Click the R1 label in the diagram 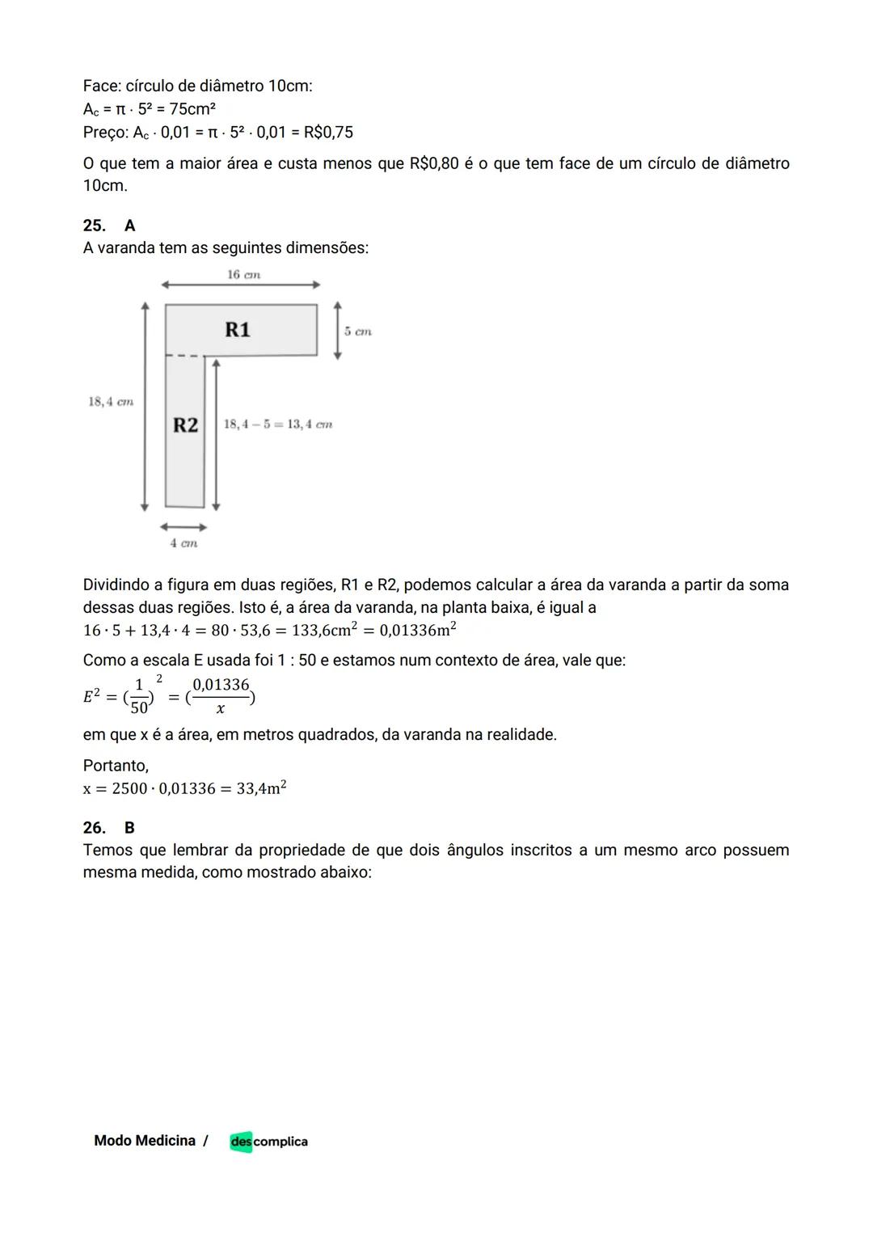point(238,330)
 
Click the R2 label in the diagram point(185,425)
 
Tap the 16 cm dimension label point(243,275)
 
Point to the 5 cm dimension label point(357,331)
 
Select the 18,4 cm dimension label point(111,402)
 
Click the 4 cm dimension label point(183,543)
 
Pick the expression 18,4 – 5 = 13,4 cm point(278,424)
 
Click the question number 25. point(94,226)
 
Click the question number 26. point(94,827)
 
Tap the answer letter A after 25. point(130,226)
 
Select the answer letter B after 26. point(130,827)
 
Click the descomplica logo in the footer point(268,1142)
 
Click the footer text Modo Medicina point(145,1141)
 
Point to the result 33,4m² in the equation point(261,788)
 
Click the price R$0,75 point(328,132)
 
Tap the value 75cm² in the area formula point(192,109)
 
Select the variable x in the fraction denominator point(221,709)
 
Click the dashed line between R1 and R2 point(184,355)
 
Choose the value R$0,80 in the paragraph point(434,163)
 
